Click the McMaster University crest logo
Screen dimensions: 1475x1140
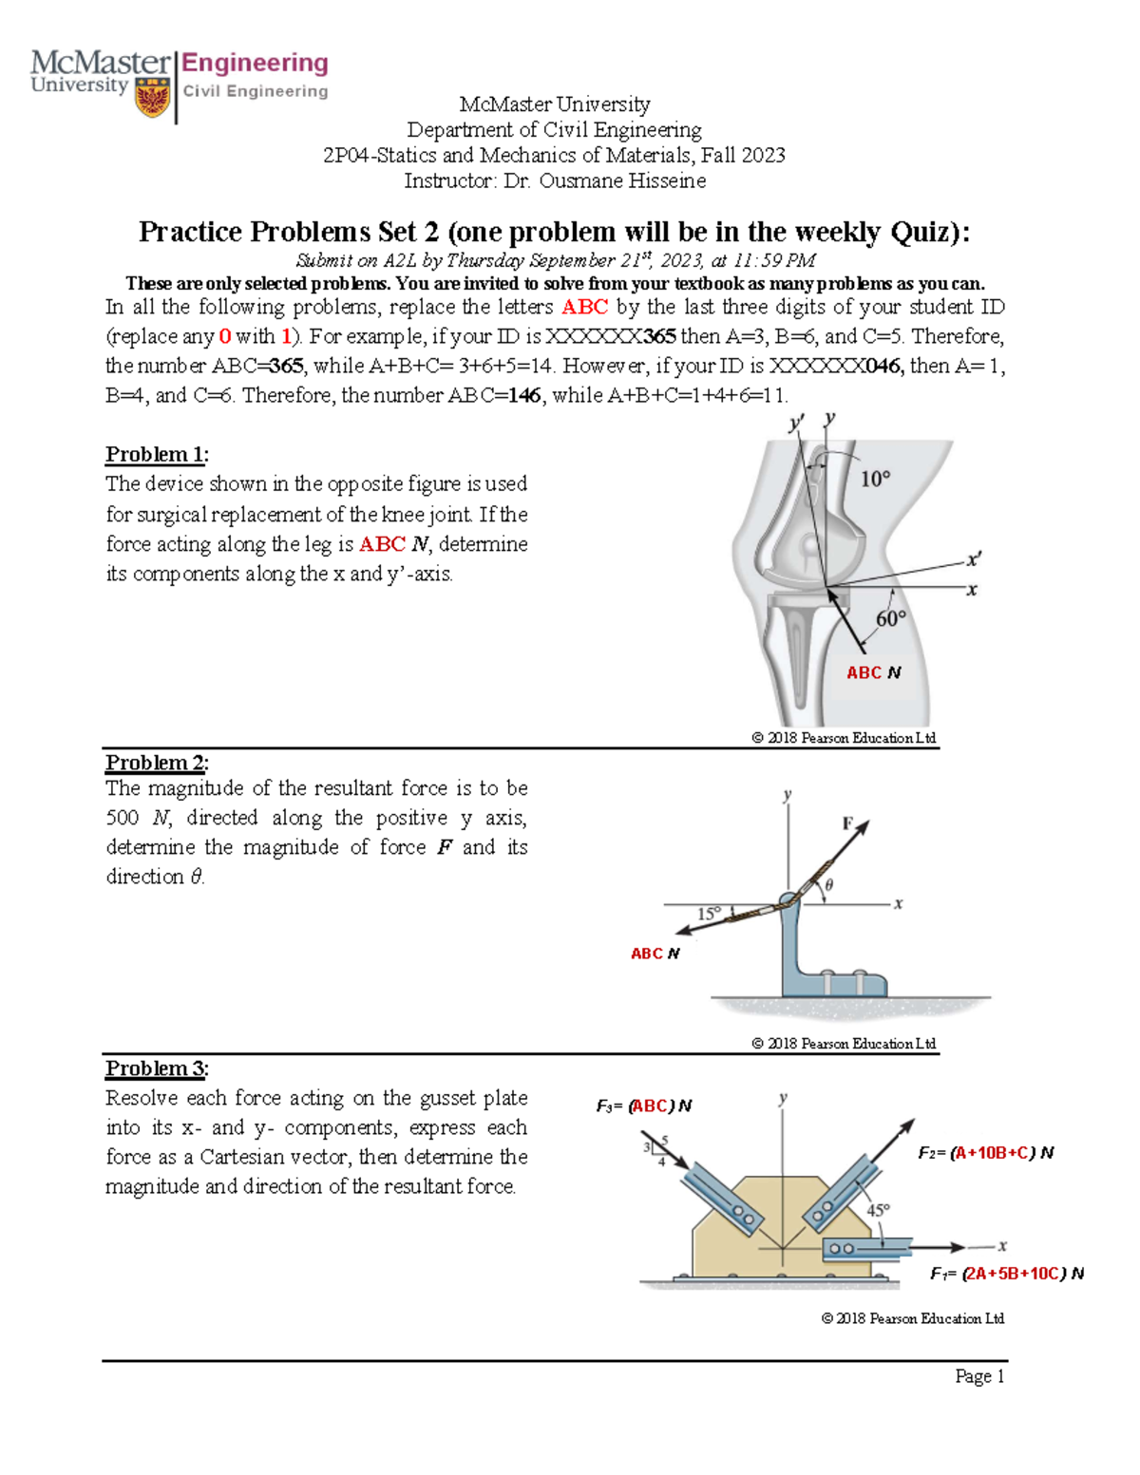point(153,97)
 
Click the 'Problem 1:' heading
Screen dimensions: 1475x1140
point(157,454)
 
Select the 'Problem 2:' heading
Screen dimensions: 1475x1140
point(157,763)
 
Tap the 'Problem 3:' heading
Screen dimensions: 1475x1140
point(157,1068)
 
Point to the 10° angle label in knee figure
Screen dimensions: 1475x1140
point(875,479)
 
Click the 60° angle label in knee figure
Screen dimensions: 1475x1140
point(891,619)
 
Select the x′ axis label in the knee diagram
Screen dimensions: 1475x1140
point(974,559)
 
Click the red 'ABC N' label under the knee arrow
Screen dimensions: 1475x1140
point(873,672)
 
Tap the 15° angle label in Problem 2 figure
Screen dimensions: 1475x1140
point(710,913)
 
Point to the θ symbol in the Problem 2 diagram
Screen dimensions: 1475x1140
point(828,885)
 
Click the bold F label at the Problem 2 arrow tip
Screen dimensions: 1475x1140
point(847,823)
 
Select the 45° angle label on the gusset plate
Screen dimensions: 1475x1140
point(878,1210)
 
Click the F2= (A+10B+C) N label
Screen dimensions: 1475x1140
point(985,1153)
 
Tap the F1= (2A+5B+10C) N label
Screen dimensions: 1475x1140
point(1006,1274)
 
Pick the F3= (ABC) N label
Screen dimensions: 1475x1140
point(643,1106)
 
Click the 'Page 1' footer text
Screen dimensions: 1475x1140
point(979,1376)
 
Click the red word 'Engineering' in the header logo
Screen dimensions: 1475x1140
point(255,64)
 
